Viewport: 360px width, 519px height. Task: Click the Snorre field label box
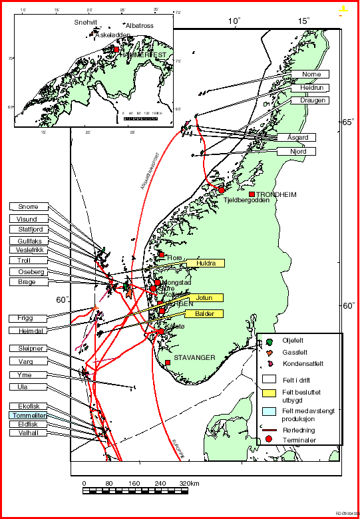28,206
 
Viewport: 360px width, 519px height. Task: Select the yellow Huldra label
205,263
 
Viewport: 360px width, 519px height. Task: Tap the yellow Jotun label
205,297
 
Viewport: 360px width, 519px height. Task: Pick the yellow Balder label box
205,313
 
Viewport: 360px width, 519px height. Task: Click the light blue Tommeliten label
28,415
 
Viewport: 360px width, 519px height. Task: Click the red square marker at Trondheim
252,194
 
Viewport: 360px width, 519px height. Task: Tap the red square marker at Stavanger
167,363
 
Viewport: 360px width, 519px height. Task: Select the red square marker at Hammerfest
116,49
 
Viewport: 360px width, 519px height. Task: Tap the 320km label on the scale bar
190,482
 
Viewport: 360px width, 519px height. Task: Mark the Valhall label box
28,433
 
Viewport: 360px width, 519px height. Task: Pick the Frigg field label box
28,317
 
